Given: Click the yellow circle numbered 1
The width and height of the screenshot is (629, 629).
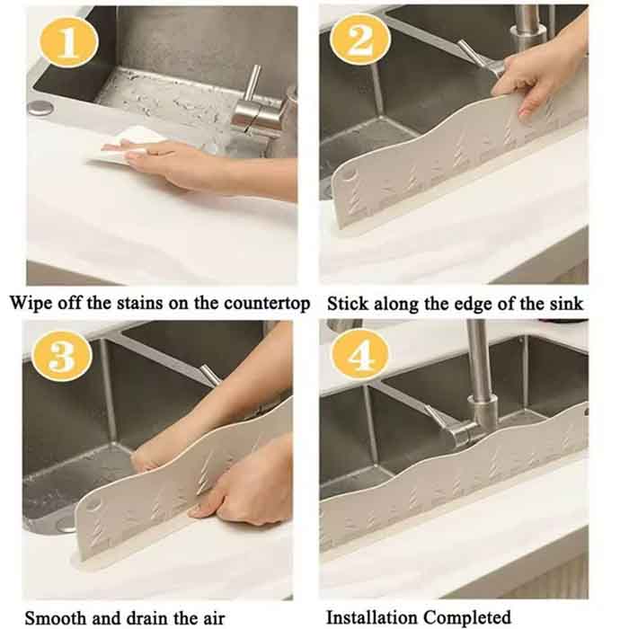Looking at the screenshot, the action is [68, 41].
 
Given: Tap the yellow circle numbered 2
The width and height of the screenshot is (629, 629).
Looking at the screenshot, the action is [359, 40].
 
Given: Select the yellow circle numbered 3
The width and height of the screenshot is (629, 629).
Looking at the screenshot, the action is [62, 356].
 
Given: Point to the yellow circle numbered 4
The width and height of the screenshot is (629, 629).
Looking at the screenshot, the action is [359, 355].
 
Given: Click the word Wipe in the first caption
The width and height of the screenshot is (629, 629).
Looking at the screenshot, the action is [31, 303].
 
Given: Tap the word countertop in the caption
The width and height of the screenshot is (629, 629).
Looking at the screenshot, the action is [267, 304].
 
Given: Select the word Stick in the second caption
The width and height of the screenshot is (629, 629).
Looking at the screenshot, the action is [348, 304].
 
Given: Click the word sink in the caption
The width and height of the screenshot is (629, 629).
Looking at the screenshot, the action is [566, 304].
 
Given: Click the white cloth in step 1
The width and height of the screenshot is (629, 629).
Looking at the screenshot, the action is [128, 146].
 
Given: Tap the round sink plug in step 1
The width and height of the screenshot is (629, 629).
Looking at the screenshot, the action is [40, 108].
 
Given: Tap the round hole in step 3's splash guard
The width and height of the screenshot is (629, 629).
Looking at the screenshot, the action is [92, 505].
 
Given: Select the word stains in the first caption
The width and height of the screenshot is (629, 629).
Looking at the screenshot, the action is [139, 303].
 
